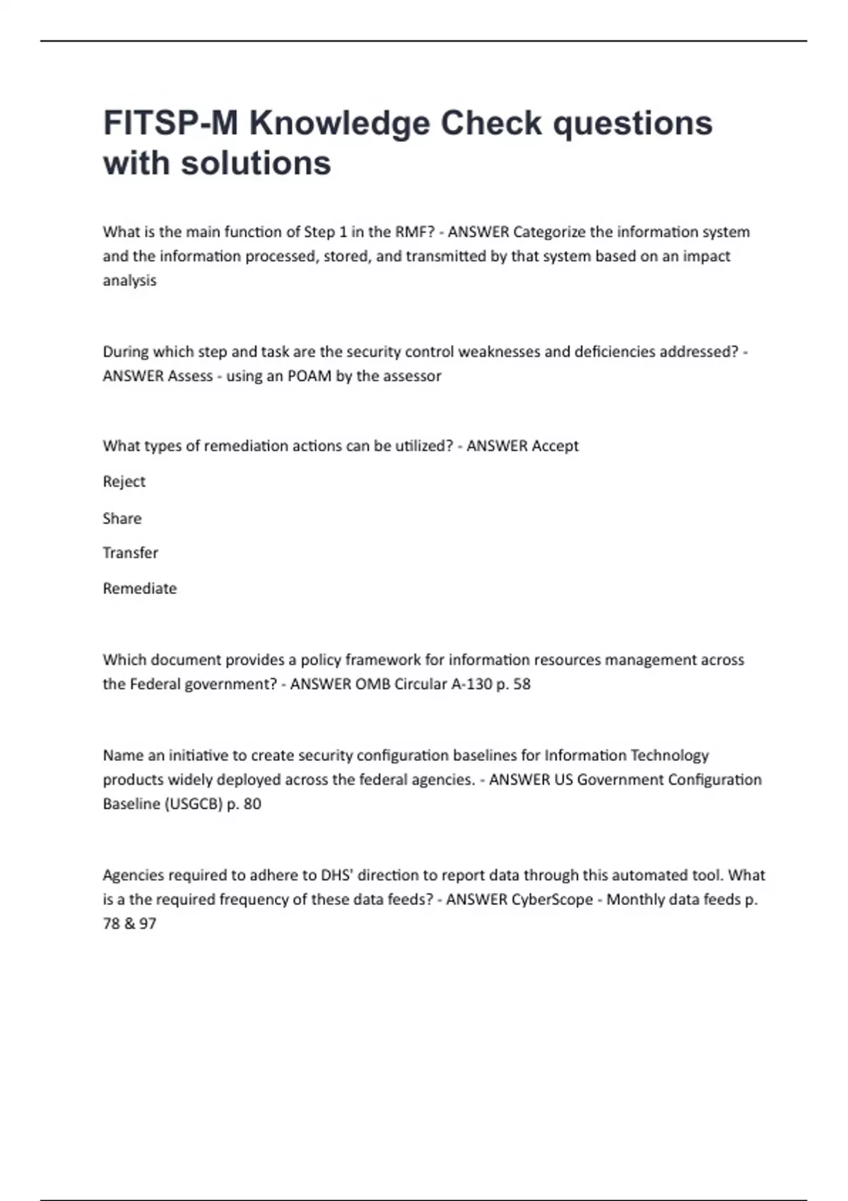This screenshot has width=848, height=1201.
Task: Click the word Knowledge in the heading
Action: click(x=339, y=124)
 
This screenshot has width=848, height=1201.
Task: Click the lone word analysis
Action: click(x=129, y=280)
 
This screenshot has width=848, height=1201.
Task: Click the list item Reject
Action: click(x=124, y=482)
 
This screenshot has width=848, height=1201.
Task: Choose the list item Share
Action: click(x=122, y=519)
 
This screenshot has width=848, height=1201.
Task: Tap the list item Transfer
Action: click(x=130, y=553)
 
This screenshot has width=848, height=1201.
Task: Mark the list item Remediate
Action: click(x=139, y=588)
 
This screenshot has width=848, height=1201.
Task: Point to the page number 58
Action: click(x=522, y=684)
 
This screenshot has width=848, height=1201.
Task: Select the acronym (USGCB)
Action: click(x=193, y=804)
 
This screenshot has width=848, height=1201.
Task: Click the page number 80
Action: click(x=252, y=804)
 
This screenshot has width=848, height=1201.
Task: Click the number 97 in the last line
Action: click(x=148, y=923)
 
